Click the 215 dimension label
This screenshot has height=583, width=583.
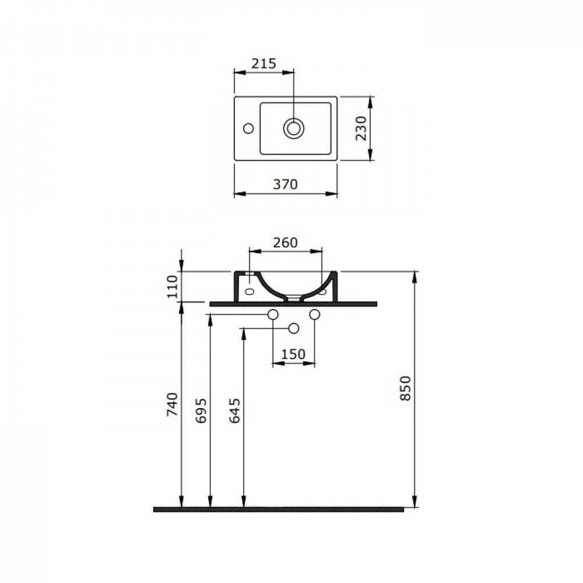click(264, 64)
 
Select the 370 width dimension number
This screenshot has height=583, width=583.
click(286, 184)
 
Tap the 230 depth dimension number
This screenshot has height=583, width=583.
click(361, 128)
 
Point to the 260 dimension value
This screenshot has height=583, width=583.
click(285, 243)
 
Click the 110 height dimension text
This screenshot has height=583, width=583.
click(172, 287)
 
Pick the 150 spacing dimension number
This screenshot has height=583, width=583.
click(293, 354)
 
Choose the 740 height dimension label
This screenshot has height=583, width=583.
click(172, 404)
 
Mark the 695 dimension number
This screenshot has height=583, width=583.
click(201, 411)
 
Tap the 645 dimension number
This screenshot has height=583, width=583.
click(234, 411)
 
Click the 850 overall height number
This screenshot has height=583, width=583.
click(406, 388)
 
